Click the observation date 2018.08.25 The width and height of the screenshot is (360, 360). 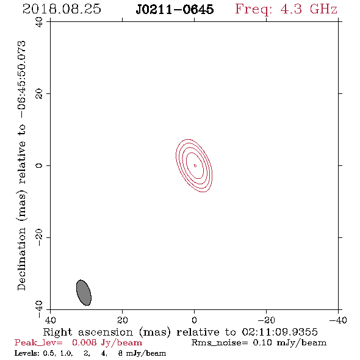click(x=62, y=9)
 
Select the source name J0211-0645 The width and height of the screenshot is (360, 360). click(x=175, y=10)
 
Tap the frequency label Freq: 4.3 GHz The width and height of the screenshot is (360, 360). click(x=286, y=9)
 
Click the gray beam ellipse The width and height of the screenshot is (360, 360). click(x=84, y=292)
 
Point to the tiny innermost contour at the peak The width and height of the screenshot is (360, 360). click(x=195, y=165)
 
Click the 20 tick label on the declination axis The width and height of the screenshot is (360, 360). click(x=39, y=94)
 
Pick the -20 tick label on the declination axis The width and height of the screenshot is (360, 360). click(x=39, y=237)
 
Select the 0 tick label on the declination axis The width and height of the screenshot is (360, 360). click(x=39, y=165)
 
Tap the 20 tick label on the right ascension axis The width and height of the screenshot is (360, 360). click(x=123, y=320)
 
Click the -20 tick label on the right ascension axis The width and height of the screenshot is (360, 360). click(x=266, y=320)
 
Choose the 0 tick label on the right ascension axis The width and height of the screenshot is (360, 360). click(x=195, y=320)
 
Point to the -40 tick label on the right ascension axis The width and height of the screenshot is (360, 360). click(x=338, y=320)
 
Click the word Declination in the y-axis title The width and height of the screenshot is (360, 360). click(x=21, y=259)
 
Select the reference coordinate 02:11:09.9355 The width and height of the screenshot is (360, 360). click(x=279, y=332)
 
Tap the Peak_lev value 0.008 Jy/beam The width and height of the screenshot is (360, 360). click(x=107, y=342)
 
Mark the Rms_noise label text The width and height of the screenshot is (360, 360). click(x=219, y=343)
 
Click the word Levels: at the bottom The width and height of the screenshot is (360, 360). click(x=26, y=353)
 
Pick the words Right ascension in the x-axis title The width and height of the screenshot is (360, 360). click(x=88, y=332)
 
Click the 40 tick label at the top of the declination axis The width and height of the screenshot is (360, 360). click(x=39, y=22)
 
